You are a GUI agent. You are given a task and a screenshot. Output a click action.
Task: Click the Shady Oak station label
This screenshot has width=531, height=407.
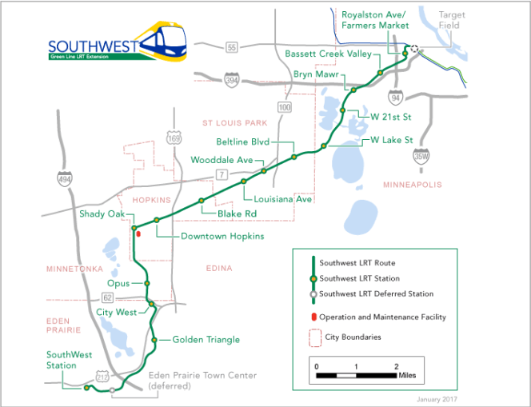click(102, 213)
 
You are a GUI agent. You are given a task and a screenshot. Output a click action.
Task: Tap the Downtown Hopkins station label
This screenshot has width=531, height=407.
click(222, 237)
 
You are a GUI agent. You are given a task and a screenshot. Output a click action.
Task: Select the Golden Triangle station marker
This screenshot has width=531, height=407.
click(155, 340)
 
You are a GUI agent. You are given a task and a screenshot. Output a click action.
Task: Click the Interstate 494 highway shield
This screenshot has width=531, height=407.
click(64, 179)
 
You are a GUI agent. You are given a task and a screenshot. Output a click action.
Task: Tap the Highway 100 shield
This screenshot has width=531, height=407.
click(284, 106)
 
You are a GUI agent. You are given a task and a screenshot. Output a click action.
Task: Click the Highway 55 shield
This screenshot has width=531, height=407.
click(231, 49)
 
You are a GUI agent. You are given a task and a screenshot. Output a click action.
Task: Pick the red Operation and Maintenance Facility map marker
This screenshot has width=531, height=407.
click(138, 234)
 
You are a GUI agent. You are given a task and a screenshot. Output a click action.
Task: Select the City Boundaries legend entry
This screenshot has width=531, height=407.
click(353, 337)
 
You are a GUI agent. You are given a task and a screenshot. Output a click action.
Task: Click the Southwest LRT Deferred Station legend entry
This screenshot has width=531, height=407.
click(376, 293)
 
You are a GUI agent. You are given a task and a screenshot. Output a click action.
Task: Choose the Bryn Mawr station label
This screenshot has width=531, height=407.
click(313, 74)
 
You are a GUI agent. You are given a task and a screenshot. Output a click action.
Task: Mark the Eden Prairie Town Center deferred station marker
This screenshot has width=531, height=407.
click(113, 390)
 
